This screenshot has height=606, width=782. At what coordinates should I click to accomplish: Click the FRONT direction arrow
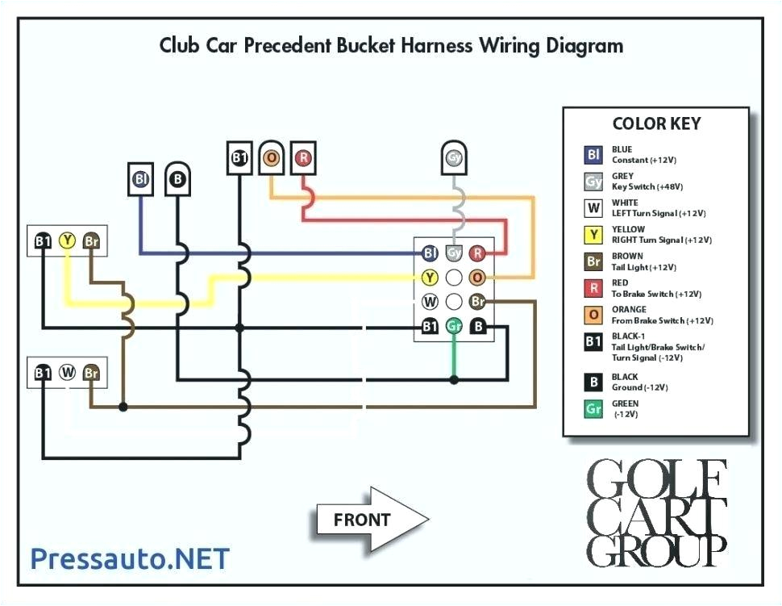(x=371, y=520)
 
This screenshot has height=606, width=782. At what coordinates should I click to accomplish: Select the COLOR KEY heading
(x=656, y=124)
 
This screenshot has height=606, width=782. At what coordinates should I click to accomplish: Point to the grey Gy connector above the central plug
(x=455, y=157)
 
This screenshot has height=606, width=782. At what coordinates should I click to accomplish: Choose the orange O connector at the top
(x=272, y=157)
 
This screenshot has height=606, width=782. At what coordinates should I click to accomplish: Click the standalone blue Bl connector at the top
(x=141, y=180)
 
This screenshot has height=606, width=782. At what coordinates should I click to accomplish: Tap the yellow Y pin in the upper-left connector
(x=67, y=240)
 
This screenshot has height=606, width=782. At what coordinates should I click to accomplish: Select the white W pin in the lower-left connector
(x=67, y=373)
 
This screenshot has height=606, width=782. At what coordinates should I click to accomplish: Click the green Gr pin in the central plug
(x=454, y=326)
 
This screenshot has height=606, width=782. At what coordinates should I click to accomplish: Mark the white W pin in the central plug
(x=430, y=302)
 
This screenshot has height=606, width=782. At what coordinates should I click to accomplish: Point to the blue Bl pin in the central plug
(x=430, y=253)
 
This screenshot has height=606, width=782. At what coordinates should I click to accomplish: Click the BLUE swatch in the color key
(x=593, y=154)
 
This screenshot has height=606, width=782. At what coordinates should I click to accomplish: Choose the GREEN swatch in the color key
(x=593, y=409)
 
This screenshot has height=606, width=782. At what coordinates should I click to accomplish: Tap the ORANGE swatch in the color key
(x=593, y=315)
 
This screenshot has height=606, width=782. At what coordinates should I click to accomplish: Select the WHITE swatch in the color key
(x=593, y=208)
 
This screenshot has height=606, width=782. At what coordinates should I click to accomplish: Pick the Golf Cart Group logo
(x=656, y=512)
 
